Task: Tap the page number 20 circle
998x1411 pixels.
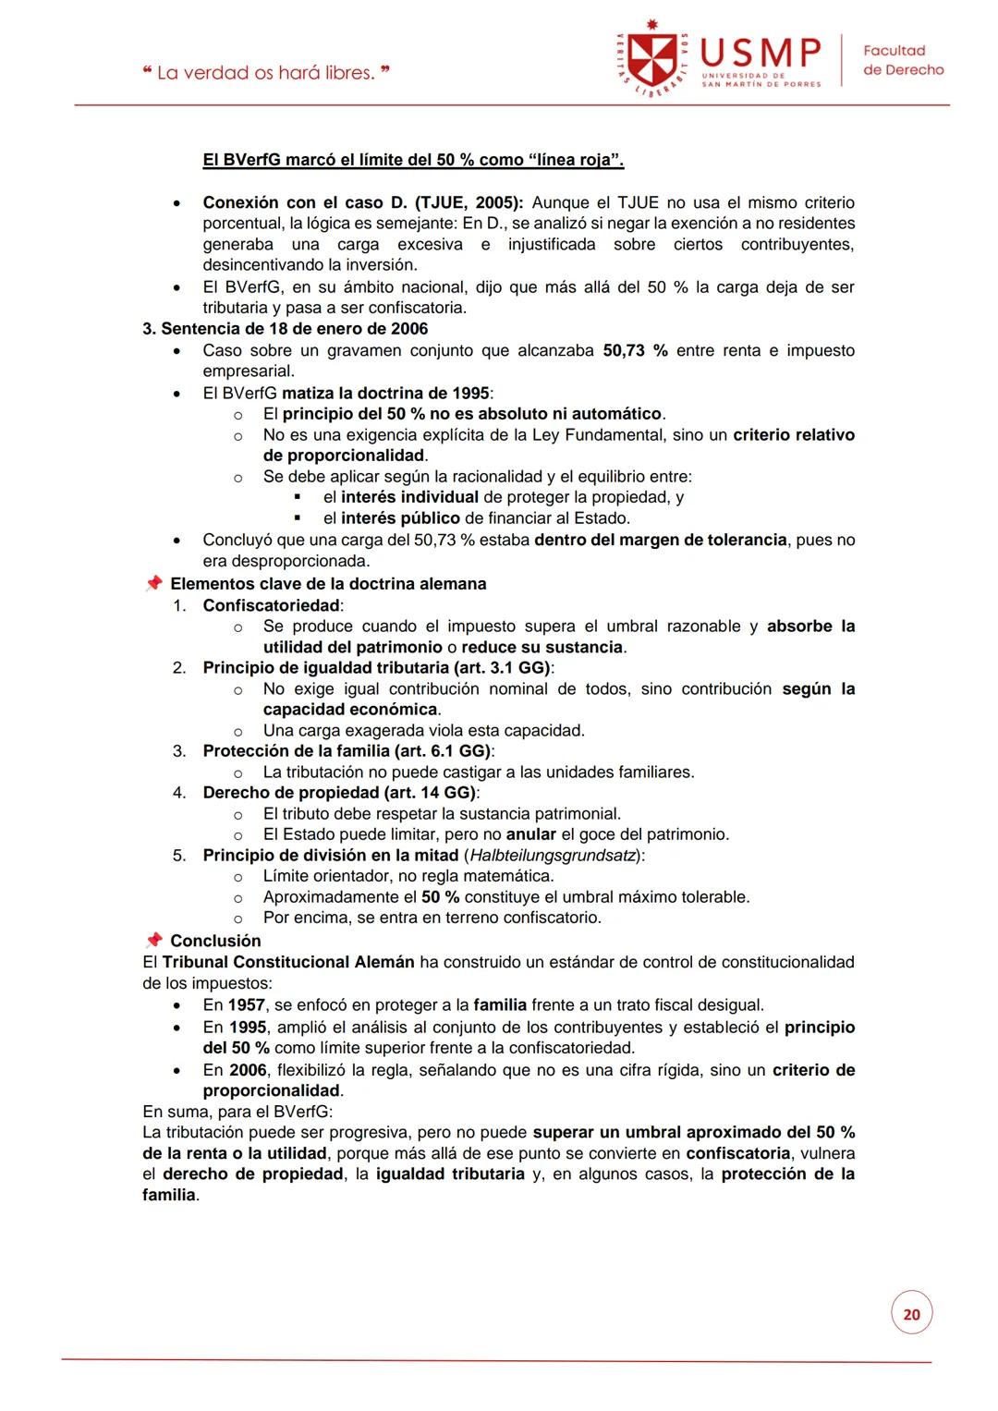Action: point(911,1314)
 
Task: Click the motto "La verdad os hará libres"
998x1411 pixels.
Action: point(266,72)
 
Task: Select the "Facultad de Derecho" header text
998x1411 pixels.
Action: point(902,60)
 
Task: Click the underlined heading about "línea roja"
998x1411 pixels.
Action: point(413,160)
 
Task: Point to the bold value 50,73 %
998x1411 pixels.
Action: point(635,350)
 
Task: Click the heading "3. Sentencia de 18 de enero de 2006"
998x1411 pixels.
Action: point(285,329)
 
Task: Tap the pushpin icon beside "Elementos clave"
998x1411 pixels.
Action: point(154,583)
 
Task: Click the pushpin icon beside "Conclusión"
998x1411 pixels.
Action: point(154,940)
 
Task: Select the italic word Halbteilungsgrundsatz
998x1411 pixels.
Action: point(554,855)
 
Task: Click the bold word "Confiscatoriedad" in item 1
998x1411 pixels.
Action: point(272,605)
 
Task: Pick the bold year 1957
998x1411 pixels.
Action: point(247,1004)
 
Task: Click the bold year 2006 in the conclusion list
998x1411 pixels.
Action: point(248,1070)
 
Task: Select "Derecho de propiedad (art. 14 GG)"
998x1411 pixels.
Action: point(338,793)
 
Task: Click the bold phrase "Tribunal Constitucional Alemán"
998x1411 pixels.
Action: point(288,962)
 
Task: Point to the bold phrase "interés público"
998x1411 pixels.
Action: point(400,518)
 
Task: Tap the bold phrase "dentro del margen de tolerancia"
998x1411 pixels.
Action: point(660,540)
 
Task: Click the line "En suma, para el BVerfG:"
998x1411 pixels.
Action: point(237,1112)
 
